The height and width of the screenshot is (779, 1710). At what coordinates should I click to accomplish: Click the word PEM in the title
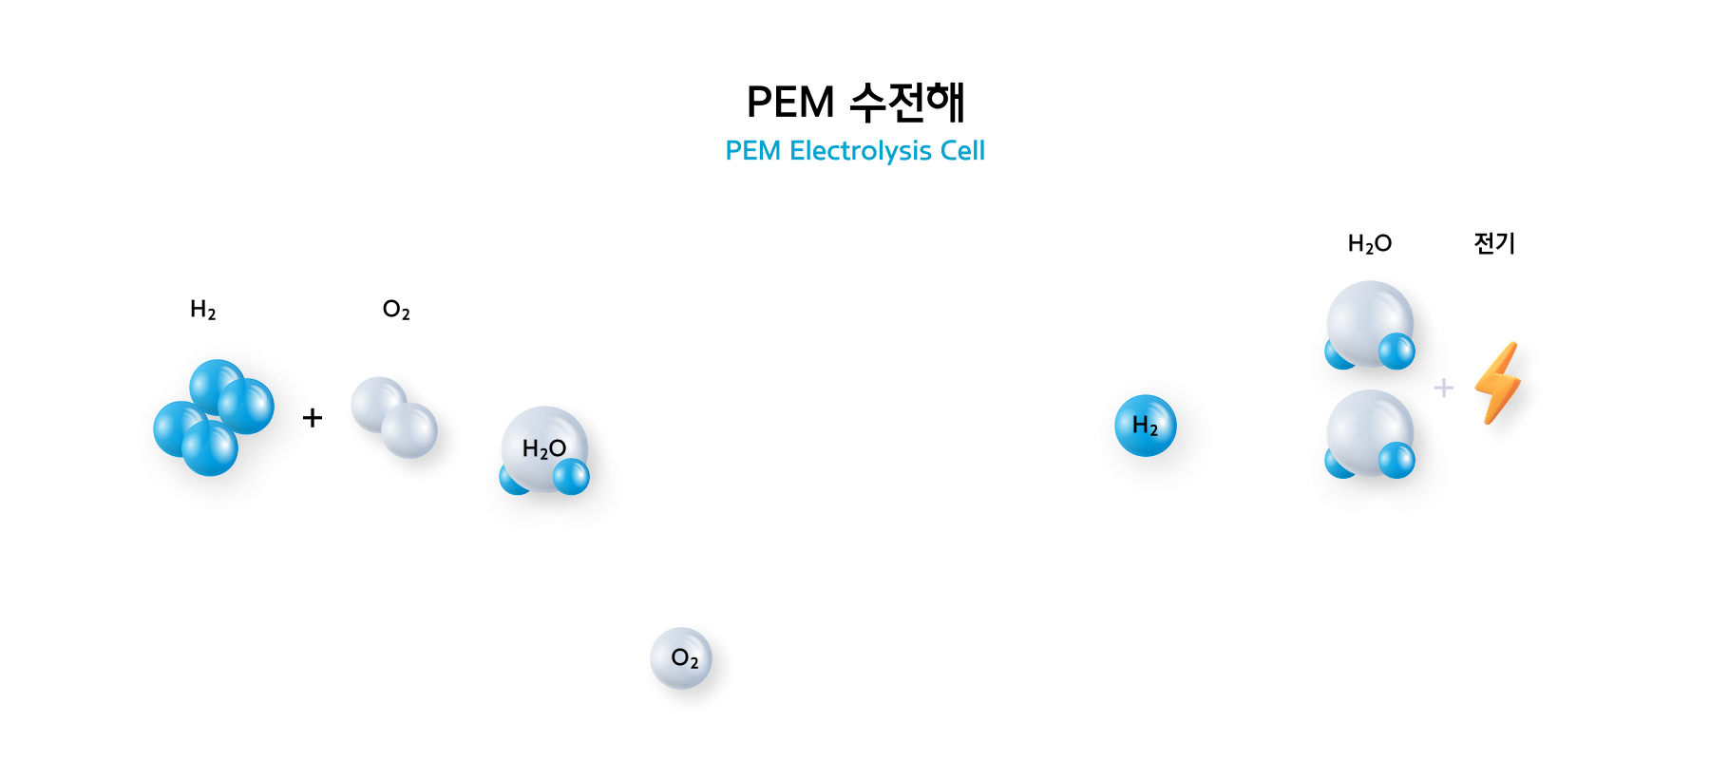pyautogui.click(x=752, y=151)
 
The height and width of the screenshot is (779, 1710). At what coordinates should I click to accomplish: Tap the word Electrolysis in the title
pyautogui.click(x=861, y=151)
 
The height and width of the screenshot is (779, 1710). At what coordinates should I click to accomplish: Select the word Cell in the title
pyautogui.click(x=962, y=151)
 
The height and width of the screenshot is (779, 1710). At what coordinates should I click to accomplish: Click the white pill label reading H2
pyautogui.click(x=200, y=309)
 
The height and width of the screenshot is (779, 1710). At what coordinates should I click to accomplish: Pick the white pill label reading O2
pyautogui.click(x=392, y=309)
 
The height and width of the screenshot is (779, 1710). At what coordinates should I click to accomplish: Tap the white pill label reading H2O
pyautogui.click(x=1369, y=243)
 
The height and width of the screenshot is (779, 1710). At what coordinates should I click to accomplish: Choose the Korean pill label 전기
pyautogui.click(x=1495, y=243)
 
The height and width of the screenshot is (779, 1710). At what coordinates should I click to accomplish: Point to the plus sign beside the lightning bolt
pyautogui.click(x=1444, y=388)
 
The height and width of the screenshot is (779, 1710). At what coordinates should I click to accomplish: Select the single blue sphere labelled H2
pyautogui.click(x=1146, y=426)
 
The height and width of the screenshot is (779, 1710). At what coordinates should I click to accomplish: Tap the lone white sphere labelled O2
pyautogui.click(x=681, y=658)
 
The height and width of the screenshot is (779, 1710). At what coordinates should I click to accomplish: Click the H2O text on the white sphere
pyautogui.click(x=544, y=448)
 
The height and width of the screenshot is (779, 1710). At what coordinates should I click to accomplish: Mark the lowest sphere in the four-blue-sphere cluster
pyautogui.click(x=210, y=448)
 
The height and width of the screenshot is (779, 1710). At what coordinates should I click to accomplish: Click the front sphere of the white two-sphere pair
pyautogui.click(x=409, y=430)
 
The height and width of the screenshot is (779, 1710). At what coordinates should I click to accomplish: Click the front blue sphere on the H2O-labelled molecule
pyautogui.click(x=571, y=477)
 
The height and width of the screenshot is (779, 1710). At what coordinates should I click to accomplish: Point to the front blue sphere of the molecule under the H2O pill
pyautogui.click(x=1396, y=351)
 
